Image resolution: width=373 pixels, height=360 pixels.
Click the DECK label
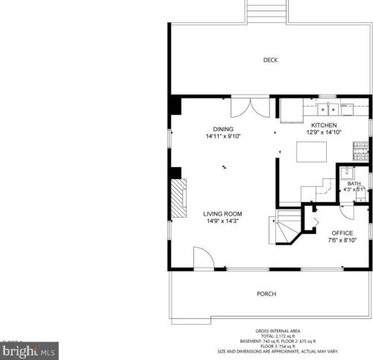pyautogui.click(x=270, y=60)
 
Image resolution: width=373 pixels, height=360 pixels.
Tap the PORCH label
pyautogui.click(x=266, y=294)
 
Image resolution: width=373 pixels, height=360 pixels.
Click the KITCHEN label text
pyautogui.click(x=324, y=125)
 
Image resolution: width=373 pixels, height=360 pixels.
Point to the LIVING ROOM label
pyautogui.click(x=222, y=213)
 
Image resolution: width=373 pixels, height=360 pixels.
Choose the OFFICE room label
pyautogui.click(x=342, y=233)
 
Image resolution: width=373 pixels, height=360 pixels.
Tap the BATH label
pyautogui.click(x=354, y=183)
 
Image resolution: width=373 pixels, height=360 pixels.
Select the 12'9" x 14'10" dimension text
pyautogui.click(x=324, y=133)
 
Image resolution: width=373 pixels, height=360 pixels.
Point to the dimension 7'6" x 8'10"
pyautogui.click(x=342, y=240)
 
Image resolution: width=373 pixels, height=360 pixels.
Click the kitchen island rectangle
pyautogui.click(x=313, y=152)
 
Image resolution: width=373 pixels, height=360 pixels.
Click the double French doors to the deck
pyautogui.click(x=249, y=107)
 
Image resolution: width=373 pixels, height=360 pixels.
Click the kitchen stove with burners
pyautogui.click(x=363, y=154)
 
